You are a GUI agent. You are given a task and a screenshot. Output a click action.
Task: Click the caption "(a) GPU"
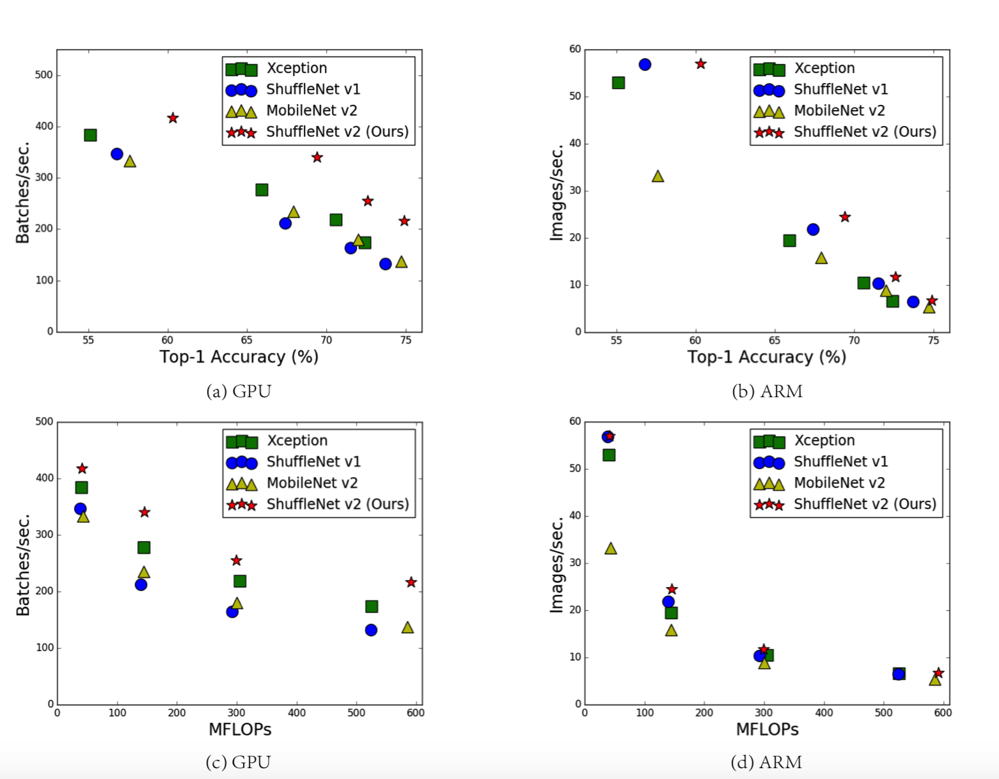pos(239,391)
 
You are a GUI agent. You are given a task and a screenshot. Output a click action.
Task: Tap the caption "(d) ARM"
pos(766,762)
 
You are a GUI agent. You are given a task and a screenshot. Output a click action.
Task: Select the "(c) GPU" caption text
pos(238,762)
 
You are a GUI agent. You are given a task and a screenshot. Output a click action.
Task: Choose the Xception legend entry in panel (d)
pos(824,440)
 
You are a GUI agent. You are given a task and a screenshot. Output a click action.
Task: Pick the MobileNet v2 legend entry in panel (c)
pos(312,483)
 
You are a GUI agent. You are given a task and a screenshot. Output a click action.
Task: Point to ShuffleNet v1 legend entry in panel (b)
pos(840,90)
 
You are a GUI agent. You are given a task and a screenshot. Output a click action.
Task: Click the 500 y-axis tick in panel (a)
pos(44,75)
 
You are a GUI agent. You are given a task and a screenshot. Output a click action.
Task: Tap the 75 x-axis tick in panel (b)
pos(933,340)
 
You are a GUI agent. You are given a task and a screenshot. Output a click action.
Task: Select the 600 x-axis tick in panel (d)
pos(943,712)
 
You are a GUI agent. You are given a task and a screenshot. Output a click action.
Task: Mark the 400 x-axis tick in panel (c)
pos(297,712)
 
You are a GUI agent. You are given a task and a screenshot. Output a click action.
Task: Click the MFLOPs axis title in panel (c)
pos(240,729)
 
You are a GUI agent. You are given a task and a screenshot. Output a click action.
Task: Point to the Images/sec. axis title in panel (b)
pos(557,192)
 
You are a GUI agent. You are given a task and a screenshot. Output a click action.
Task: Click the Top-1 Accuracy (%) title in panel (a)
pos(239,357)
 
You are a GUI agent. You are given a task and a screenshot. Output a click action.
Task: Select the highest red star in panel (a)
pos(173,118)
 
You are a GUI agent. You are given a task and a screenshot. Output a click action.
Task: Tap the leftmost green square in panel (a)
pos(90,135)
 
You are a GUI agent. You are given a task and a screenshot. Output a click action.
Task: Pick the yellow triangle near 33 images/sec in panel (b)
pos(657,177)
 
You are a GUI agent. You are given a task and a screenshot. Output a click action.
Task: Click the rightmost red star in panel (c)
pos(411,582)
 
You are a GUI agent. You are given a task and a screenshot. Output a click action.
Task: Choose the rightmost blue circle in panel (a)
pos(385,264)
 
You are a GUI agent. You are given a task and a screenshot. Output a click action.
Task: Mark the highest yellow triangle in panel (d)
pos(611,549)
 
